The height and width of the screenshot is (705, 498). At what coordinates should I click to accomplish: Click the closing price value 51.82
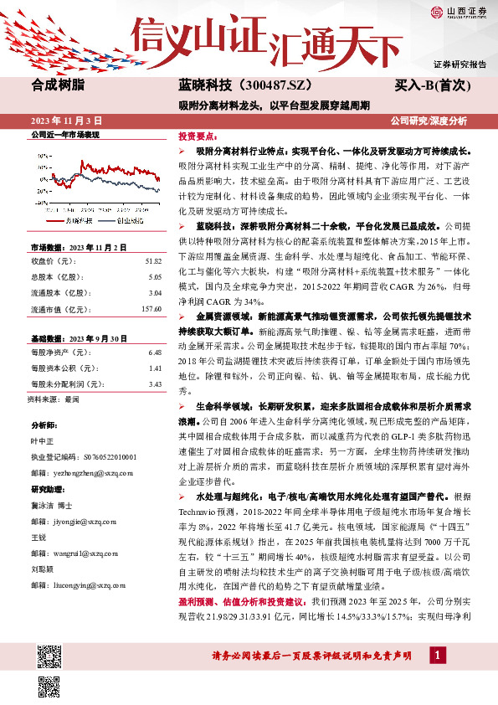click(x=152, y=261)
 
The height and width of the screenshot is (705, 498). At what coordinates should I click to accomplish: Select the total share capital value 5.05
click(x=155, y=276)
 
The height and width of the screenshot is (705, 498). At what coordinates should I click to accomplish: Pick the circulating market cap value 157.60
click(x=150, y=308)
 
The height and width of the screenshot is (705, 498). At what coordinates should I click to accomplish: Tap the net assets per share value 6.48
click(x=155, y=352)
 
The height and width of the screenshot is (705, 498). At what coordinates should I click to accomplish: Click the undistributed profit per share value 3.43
click(x=155, y=384)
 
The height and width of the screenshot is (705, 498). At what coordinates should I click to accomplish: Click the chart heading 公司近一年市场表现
click(x=64, y=134)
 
